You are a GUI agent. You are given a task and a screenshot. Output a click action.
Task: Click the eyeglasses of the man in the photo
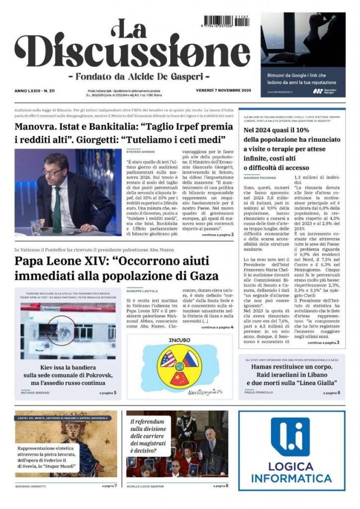(52, 171)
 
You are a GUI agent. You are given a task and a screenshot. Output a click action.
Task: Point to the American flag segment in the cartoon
(169, 357)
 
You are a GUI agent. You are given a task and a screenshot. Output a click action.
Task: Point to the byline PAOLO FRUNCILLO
(260, 393)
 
